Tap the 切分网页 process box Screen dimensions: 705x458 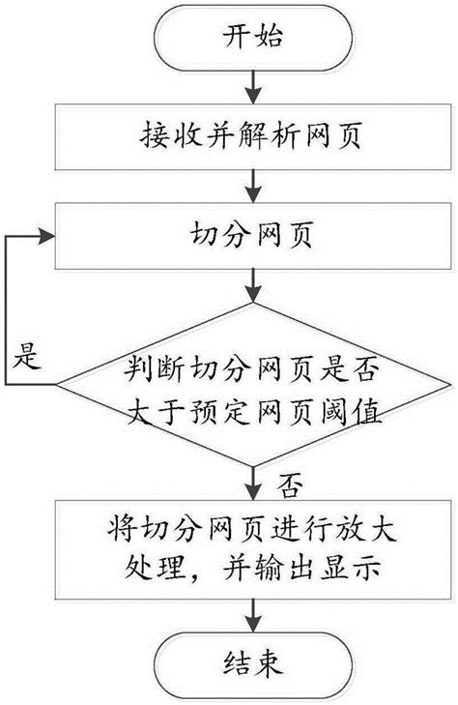point(254,236)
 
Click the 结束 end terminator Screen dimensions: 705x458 point(254,663)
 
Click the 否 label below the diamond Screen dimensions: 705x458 point(287,481)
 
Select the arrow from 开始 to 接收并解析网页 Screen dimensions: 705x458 point(254,88)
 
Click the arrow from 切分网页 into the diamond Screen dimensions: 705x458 point(254,286)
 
